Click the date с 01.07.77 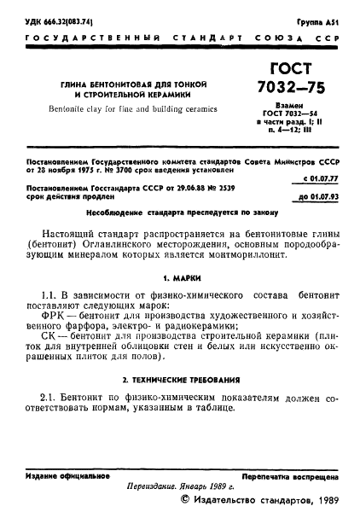tap(322, 178)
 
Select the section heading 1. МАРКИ tap(180, 278)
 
